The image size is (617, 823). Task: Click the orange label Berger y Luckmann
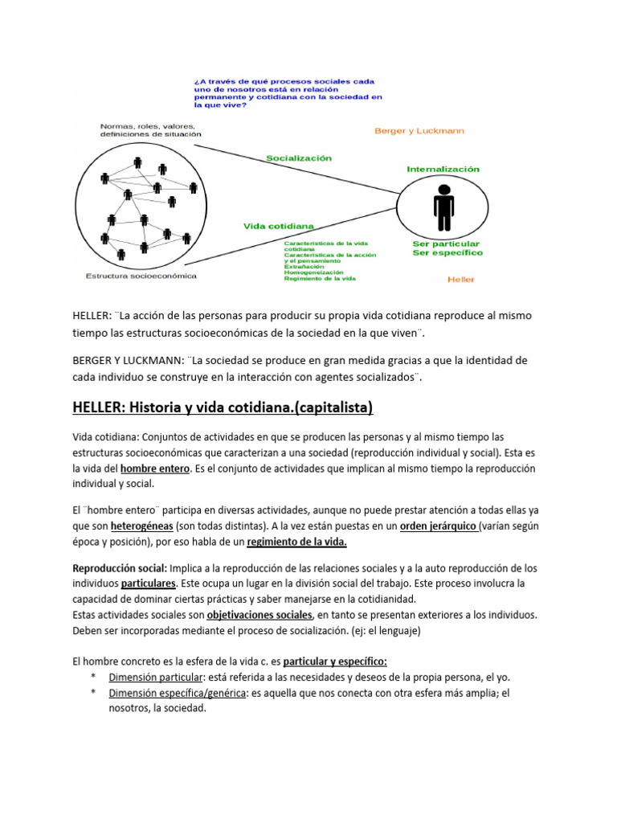(x=419, y=130)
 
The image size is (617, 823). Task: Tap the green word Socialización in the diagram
(x=298, y=158)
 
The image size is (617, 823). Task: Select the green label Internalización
(x=443, y=170)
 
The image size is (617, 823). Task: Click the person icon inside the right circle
(x=443, y=207)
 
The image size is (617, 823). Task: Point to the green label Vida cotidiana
(x=279, y=227)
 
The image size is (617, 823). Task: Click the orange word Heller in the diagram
(x=461, y=279)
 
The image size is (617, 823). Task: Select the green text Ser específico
(x=447, y=252)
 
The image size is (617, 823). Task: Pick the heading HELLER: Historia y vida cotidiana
(x=223, y=408)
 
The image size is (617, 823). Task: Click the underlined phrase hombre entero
(x=155, y=468)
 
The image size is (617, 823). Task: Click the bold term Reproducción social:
(x=120, y=568)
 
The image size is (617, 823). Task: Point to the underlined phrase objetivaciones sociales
(x=259, y=615)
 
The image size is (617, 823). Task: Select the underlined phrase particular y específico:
(x=335, y=661)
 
